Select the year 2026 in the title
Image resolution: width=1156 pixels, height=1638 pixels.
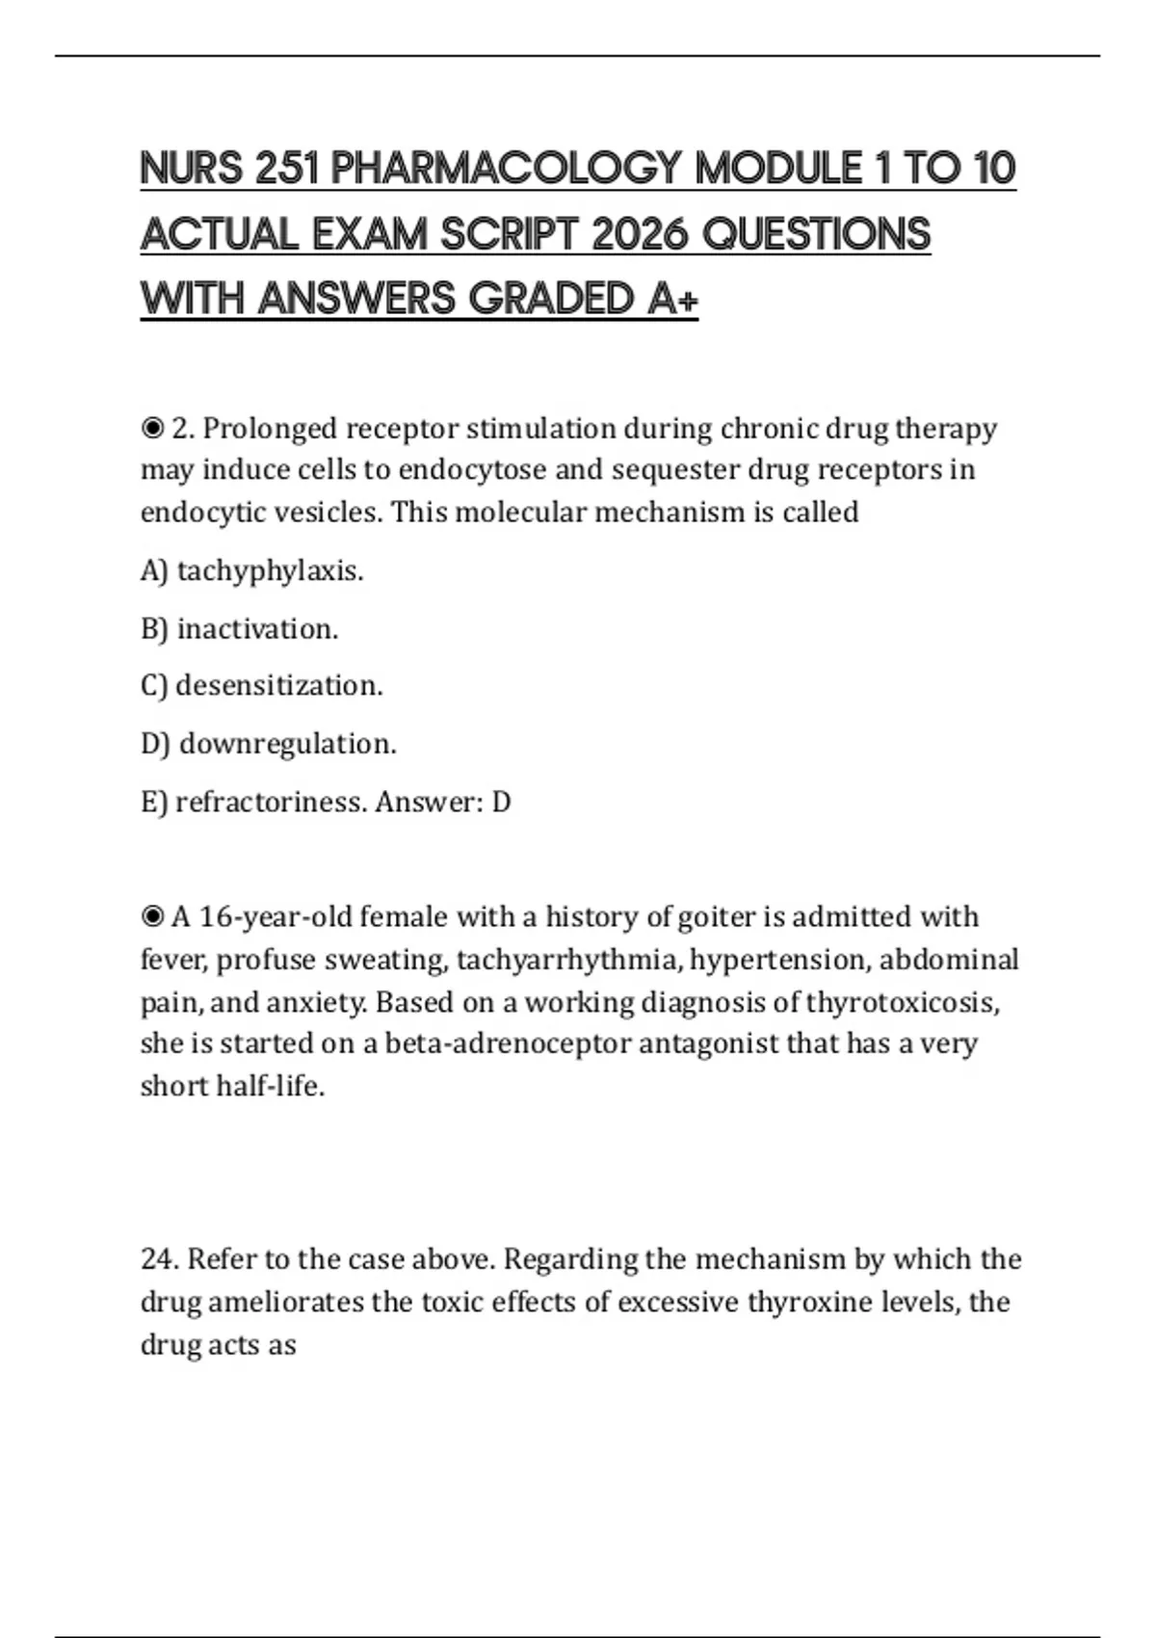[x=639, y=234]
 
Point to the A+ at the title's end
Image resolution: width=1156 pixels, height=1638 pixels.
[x=672, y=299]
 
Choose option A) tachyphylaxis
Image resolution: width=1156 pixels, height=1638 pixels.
[x=251, y=570]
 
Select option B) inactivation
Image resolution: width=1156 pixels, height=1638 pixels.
[x=239, y=628]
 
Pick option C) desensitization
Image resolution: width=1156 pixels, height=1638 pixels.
[x=261, y=685]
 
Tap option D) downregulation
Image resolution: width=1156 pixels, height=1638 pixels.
[x=268, y=743]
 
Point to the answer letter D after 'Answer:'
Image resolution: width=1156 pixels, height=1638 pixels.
[x=501, y=801]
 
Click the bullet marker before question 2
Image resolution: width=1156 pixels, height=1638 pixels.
[x=152, y=428]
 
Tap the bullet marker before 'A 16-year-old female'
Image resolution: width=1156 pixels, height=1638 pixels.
[x=152, y=916]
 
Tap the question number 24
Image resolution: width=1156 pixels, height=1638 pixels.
[x=159, y=1258]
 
